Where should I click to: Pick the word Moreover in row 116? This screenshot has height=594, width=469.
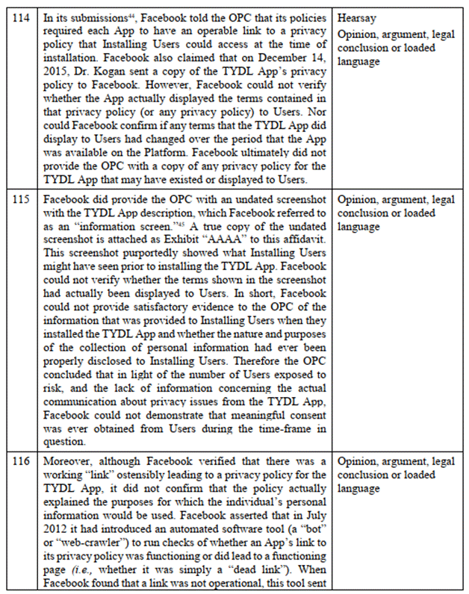tap(66, 462)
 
